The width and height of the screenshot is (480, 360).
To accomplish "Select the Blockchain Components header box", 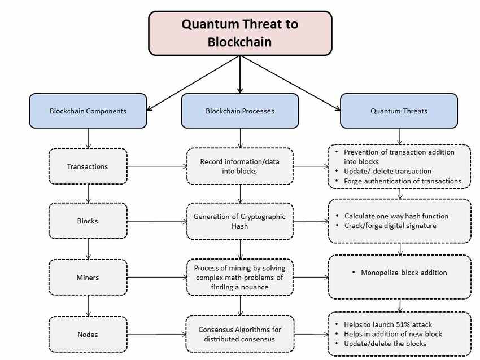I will click(x=88, y=111).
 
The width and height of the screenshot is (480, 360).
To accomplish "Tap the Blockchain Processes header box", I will click(x=240, y=111).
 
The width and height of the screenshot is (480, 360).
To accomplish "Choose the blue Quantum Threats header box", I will click(x=399, y=111).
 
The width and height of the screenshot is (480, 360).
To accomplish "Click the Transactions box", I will click(x=88, y=166).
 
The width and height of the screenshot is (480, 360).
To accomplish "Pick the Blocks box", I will click(x=88, y=221).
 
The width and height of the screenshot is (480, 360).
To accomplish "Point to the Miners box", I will click(x=88, y=278).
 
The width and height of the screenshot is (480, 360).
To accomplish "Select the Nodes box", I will click(x=88, y=335).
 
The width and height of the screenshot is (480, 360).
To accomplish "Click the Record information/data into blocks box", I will click(x=240, y=166).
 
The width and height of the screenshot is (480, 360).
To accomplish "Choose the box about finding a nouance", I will click(x=240, y=278).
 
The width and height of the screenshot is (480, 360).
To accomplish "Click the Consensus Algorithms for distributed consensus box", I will click(x=240, y=335).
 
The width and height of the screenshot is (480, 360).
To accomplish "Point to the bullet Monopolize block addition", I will click(x=403, y=273).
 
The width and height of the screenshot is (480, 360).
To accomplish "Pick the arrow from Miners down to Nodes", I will click(x=88, y=306).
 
